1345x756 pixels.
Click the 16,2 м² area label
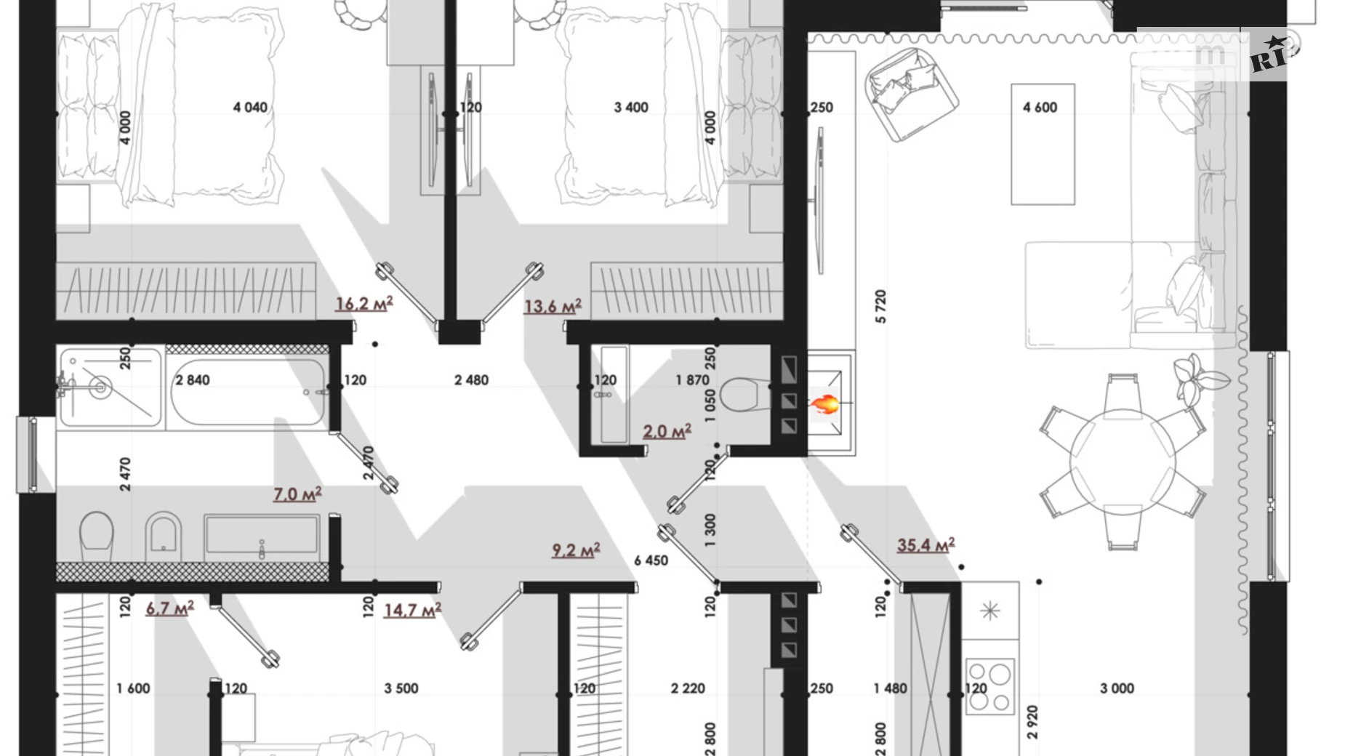364,303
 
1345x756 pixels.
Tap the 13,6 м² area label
553,306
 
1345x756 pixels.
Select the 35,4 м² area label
926,544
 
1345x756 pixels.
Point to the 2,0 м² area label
667,431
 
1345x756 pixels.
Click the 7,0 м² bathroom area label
297,494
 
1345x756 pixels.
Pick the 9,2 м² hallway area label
576,550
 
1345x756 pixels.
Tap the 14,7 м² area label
412,610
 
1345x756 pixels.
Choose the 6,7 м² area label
169,608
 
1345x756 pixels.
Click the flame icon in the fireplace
824,404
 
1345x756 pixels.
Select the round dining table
1123,462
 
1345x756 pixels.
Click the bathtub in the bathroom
248,393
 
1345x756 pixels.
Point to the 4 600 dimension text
1040,108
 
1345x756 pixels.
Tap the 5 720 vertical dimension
880,307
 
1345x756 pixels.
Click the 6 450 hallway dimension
651,560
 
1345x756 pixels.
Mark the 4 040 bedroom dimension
250,108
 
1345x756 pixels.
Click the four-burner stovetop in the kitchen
989,685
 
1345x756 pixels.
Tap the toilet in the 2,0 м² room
744,394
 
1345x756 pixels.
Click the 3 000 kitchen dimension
1117,688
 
